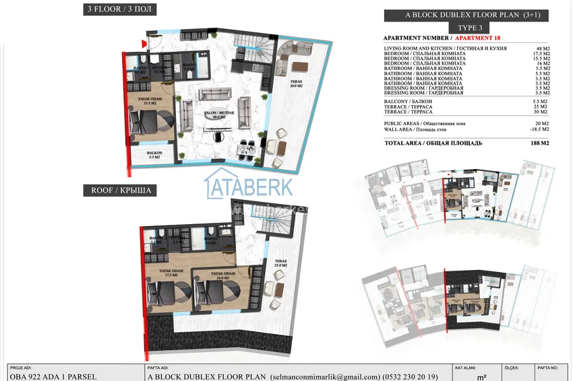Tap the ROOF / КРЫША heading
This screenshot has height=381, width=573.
pos(119,190)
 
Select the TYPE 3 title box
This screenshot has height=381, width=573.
pos(470,28)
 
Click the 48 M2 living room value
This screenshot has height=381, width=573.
pos(542,49)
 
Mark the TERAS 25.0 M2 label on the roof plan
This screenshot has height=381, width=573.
pos(281,265)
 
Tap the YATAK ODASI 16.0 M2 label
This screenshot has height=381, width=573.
pos(221,275)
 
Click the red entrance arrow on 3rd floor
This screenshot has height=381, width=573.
pos(144,44)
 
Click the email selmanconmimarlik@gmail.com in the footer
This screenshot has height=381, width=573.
pos(322,377)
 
